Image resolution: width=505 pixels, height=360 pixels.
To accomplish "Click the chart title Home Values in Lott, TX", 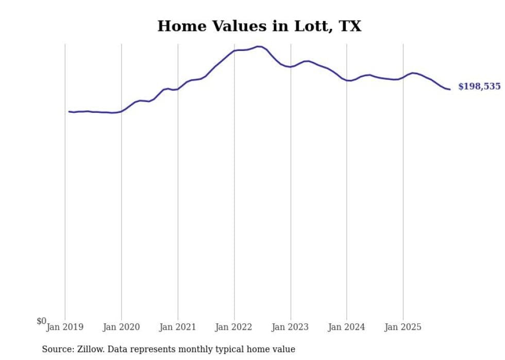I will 259,26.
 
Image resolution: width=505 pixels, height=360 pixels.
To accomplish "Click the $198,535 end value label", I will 479,87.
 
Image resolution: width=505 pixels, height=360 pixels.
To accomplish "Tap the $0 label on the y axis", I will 41,321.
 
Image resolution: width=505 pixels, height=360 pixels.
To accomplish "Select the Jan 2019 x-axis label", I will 65,327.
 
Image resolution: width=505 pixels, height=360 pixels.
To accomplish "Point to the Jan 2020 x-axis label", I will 121,327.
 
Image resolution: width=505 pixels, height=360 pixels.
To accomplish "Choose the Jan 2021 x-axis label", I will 178,327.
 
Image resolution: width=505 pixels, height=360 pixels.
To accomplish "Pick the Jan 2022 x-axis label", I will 234,327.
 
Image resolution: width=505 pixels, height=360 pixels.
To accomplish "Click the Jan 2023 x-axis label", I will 290,327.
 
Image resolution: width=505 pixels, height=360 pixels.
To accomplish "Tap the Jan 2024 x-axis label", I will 347,327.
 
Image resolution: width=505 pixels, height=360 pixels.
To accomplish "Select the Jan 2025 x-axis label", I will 403,327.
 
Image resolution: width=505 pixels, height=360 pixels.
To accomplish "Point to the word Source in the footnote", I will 57,349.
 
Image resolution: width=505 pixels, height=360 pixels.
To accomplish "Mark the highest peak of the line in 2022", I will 259,46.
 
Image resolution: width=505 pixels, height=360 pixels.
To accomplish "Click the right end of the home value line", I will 450,90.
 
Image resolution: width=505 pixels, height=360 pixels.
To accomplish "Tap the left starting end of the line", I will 69,111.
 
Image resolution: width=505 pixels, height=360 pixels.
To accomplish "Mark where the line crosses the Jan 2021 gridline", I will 178,89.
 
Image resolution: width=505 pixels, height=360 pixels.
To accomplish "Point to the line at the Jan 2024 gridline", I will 347,80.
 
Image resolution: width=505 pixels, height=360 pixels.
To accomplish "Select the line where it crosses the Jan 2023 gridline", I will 290,67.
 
